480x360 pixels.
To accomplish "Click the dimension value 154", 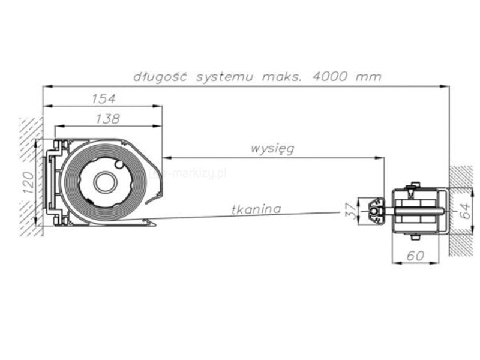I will pyautogui.click(x=103, y=98).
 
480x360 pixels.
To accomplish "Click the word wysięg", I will pyautogui.click(x=272, y=148).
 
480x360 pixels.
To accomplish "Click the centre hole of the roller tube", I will pyautogui.click(x=105, y=182).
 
